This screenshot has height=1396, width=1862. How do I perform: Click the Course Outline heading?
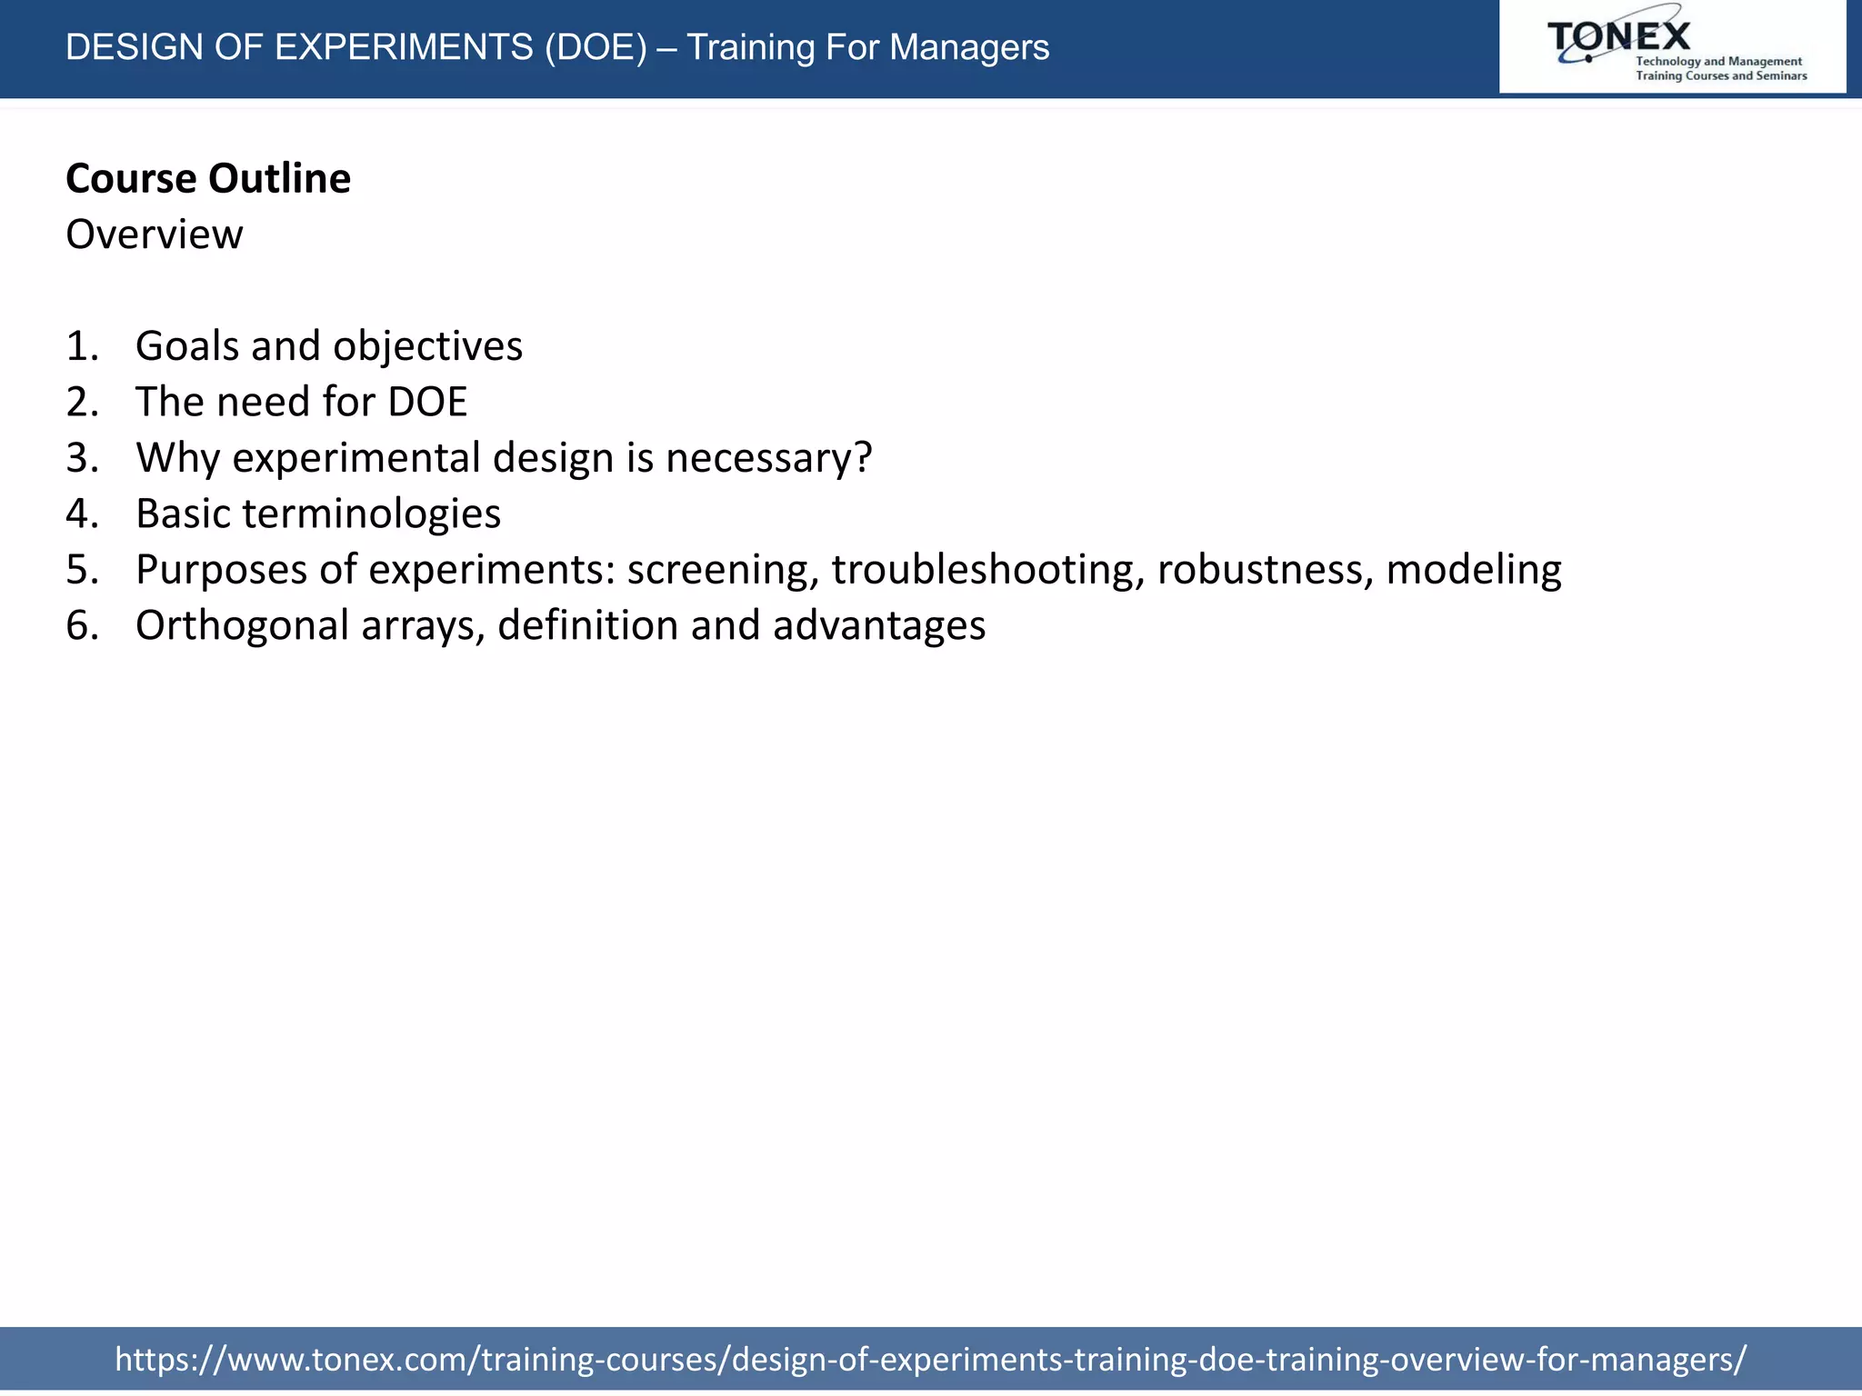point(208,178)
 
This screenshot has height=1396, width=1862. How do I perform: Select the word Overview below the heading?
point(155,234)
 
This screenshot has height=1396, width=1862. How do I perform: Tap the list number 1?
point(81,346)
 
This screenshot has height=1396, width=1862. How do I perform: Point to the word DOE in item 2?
point(427,402)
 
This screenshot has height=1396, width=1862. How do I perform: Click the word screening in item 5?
point(723,571)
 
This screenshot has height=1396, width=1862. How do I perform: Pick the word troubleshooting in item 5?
point(987,571)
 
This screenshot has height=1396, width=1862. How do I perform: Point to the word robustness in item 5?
point(1265,570)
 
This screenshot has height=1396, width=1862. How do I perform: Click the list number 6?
point(81,626)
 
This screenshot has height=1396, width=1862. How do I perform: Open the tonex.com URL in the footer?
point(930,1359)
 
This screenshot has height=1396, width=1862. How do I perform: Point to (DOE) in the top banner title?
point(596,47)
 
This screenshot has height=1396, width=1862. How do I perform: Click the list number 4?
point(81,514)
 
